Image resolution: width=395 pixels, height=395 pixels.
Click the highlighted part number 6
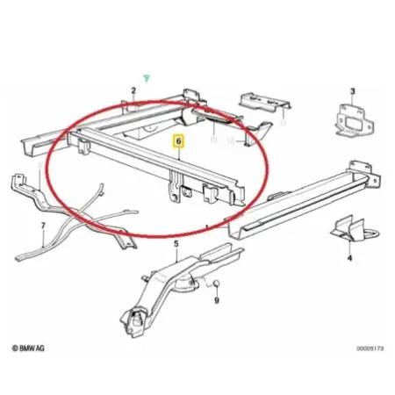click(x=179, y=140)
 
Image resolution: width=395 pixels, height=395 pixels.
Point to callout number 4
click(x=348, y=259)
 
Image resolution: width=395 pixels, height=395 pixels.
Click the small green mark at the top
click(x=147, y=78)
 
